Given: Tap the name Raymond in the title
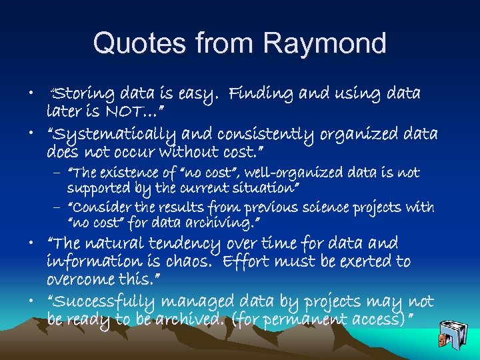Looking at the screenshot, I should pyautogui.click(x=325, y=43).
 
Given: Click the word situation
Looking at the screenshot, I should pyautogui.click(x=262, y=189).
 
